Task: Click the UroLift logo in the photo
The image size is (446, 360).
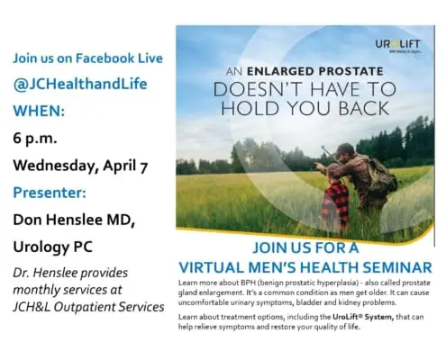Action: [397, 46]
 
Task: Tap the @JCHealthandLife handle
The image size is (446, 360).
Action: [80, 84]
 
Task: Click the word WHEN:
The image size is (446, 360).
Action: [39, 111]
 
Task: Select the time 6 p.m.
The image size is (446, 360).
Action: [35, 139]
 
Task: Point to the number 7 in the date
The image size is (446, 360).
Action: [143, 166]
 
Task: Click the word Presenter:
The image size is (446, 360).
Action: [50, 193]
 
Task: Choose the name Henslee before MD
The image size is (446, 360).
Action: [75, 220]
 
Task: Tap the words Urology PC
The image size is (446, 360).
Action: [53, 247]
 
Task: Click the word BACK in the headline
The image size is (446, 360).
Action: [364, 108]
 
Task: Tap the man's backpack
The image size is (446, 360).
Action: [382, 177]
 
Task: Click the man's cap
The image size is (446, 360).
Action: [345, 148]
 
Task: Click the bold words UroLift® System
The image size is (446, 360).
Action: [363, 317]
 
